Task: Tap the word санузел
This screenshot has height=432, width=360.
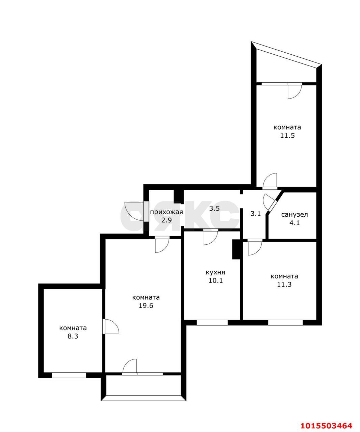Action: point(294,214)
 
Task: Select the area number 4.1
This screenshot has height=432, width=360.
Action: point(294,223)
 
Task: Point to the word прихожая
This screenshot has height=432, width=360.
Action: point(166,212)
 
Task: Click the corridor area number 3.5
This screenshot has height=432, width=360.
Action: point(214,209)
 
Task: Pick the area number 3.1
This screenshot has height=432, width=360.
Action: point(255,213)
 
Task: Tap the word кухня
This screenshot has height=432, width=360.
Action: point(215,272)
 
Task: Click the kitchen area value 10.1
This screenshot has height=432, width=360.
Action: point(215,281)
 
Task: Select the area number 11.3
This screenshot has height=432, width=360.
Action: point(284,285)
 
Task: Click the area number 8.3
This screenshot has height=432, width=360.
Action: point(73,336)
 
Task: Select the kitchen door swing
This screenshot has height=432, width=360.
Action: point(211,236)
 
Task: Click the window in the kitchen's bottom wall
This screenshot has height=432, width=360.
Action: point(212,322)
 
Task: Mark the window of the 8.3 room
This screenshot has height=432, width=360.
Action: point(69,375)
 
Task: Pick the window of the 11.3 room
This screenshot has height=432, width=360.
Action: point(285,322)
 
